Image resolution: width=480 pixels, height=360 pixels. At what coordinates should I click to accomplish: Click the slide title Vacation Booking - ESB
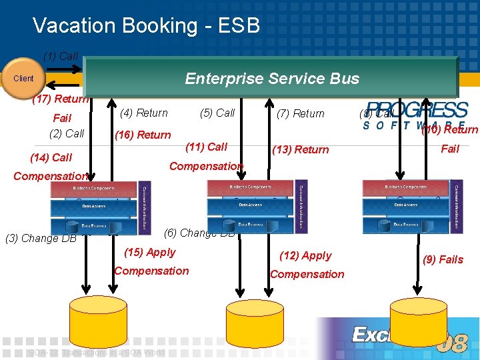coord(146,25)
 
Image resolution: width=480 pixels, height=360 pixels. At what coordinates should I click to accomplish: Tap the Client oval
coord(23,79)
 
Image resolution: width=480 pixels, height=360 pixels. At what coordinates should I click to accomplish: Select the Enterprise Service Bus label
coord(272,79)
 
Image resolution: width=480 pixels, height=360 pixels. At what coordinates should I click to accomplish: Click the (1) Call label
coord(61,56)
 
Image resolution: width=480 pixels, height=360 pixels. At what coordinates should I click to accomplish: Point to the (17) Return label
coord(61,99)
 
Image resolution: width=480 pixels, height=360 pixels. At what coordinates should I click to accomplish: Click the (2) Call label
coord(67,133)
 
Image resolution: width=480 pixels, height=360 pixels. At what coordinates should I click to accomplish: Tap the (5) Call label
coord(217,113)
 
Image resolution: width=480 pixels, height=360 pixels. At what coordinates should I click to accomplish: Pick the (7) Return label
coord(300,113)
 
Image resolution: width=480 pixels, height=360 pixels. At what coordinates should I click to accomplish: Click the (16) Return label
coord(143,135)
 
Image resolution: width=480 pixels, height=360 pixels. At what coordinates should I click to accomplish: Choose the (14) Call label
coord(51,158)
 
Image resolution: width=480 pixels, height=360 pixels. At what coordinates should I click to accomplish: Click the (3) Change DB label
coord(41,239)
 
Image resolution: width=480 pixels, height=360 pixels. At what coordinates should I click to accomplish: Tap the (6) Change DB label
coord(199,233)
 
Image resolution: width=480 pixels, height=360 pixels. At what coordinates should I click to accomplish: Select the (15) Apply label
coord(150,252)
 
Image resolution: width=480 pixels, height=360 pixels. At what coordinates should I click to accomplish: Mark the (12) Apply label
coord(306,255)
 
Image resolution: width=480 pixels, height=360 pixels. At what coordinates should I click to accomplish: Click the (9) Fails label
coord(443,259)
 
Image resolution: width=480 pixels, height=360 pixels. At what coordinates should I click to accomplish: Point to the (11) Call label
coord(207,147)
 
